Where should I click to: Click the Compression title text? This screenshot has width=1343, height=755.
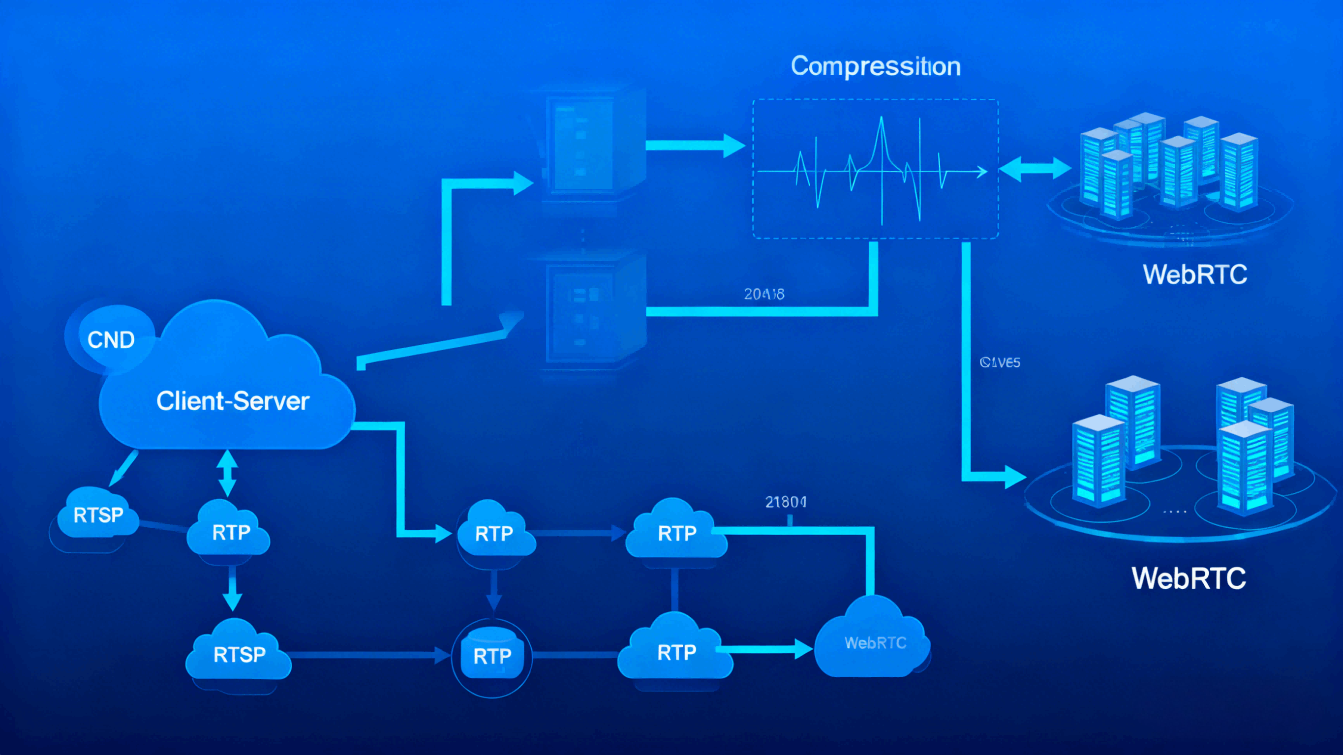875,66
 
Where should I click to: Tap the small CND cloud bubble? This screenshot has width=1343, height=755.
111,339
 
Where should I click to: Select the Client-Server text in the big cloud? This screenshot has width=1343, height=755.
233,401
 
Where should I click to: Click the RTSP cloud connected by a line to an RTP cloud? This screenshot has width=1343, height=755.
98,514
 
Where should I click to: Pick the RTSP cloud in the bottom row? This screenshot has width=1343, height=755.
239,654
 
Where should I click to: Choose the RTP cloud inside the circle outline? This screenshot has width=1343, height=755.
491,656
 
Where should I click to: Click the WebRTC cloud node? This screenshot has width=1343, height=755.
875,642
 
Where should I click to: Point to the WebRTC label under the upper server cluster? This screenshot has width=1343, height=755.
1194,275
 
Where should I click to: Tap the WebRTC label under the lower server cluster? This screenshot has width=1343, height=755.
1189,578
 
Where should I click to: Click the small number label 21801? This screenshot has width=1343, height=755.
786,502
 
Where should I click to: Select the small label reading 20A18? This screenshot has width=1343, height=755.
764,295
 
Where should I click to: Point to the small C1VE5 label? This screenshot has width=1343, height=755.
1000,362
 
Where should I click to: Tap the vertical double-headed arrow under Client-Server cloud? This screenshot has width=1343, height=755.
227,473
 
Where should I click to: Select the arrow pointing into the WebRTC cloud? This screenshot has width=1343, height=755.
766,649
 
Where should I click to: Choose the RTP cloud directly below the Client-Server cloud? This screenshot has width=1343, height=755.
230,532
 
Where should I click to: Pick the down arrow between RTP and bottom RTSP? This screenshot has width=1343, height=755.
232,589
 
